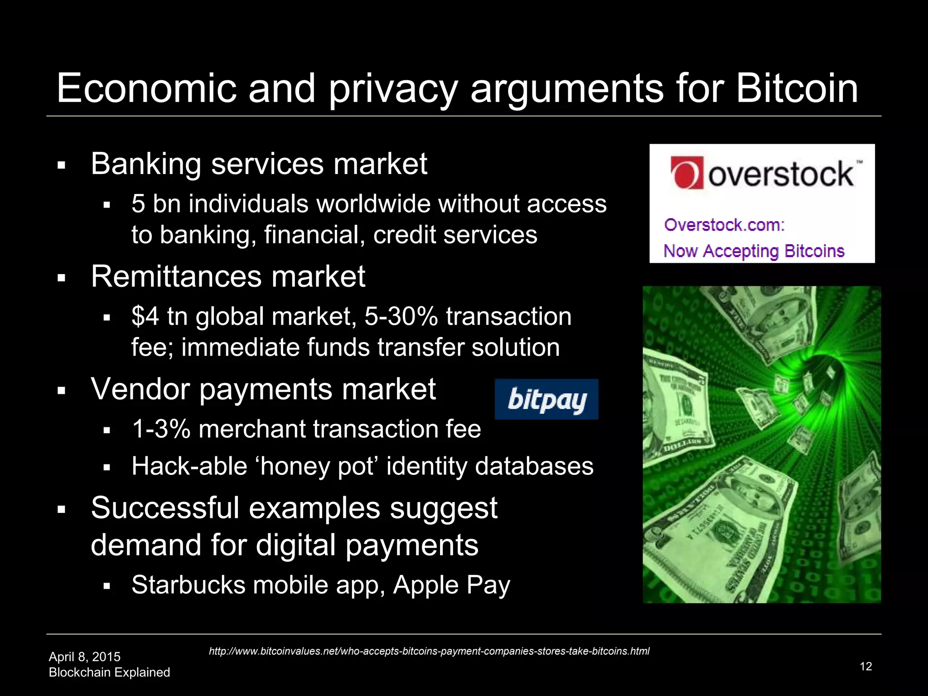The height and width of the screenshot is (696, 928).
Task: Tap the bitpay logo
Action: [x=546, y=400]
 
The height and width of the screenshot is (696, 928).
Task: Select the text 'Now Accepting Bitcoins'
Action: [x=754, y=251]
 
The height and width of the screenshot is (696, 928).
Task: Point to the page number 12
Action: [x=865, y=666]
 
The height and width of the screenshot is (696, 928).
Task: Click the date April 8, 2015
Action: [x=85, y=657]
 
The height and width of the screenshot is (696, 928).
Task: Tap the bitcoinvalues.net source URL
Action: [x=429, y=651]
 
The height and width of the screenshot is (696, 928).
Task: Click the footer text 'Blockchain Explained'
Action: [x=109, y=672]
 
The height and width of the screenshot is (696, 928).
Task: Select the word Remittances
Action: [x=176, y=276]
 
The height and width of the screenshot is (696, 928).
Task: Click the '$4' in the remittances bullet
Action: [x=145, y=316]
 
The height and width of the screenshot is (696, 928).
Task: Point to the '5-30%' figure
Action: [x=401, y=316]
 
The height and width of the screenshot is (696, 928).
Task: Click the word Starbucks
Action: [x=188, y=585]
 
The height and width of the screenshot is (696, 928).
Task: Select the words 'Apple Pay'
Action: [x=451, y=585]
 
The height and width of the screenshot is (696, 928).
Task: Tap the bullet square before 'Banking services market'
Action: [x=62, y=165]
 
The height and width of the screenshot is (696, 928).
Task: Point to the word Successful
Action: [x=164, y=508]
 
